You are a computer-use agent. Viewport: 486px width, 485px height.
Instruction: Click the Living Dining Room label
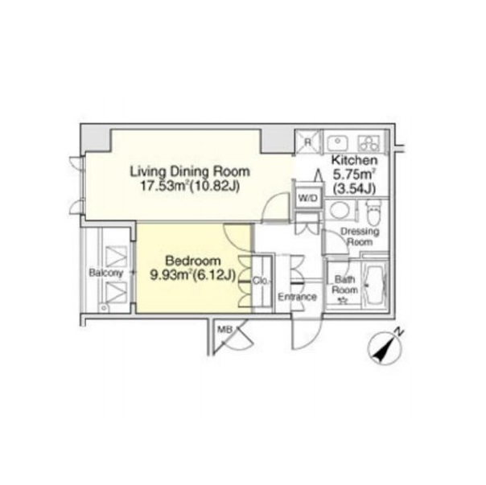pos(190,171)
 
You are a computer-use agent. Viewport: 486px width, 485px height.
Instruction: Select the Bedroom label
pos(193,261)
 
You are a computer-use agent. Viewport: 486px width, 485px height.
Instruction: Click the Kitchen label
pos(355,160)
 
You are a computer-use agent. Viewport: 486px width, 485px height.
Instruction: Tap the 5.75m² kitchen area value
pos(355,175)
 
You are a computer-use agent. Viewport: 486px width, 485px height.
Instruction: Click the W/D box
pos(308,199)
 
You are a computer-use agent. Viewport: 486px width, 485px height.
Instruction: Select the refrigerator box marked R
pos(308,142)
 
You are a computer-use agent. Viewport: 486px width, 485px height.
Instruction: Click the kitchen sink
pos(337,143)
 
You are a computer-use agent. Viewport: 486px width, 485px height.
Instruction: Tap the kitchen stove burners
pos(369,143)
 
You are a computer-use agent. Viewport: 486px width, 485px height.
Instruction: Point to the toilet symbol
pos(373,212)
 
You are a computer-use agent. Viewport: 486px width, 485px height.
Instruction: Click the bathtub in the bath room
pos(375,286)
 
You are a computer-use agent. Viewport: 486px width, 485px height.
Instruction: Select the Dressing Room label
pos(360,236)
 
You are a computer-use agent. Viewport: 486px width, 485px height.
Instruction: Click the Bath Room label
pos(344,285)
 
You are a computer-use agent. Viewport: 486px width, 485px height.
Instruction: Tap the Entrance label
pos(297,297)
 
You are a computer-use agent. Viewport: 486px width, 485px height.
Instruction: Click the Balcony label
pos(106,273)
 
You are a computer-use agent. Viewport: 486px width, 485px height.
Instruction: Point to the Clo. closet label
pos(262,281)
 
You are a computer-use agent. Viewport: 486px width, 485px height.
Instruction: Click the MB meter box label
pos(224,330)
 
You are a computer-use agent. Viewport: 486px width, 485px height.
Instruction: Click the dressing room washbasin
pos(340,210)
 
